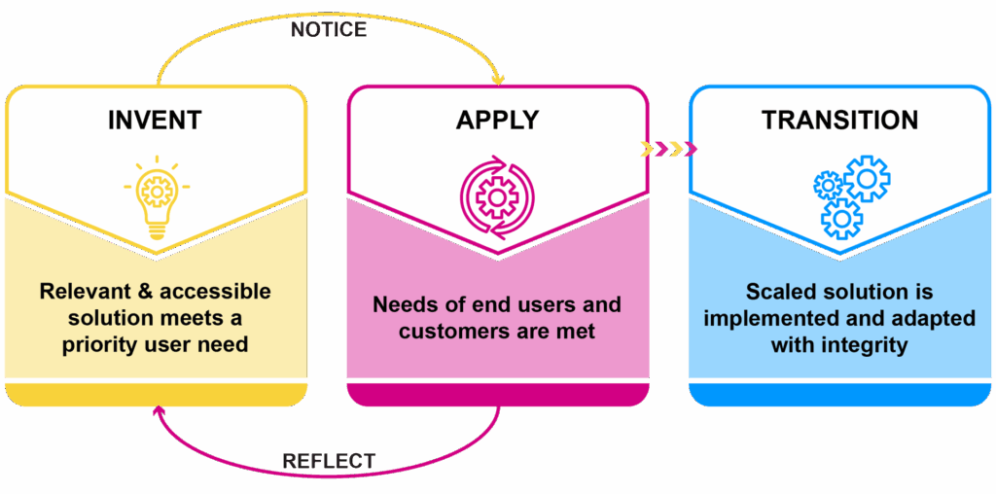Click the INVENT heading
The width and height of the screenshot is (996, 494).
(x=155, y=120)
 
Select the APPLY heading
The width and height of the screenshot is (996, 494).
(x=497, y=120)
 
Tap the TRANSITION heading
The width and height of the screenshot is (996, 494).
(x=839, y=120)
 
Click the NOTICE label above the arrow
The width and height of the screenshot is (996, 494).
(x=329, y=30)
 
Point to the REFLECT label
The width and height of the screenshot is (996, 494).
(x=329, y=460)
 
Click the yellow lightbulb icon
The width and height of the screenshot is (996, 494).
(x=156, y=194)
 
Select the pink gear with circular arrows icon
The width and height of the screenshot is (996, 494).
(x=497, y=198)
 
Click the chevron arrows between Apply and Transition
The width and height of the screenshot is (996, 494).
(x=669, y=149)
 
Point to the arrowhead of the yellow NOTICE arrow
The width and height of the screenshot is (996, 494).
(x=499, y=78)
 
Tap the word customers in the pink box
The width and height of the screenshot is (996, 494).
(x=446, y=331)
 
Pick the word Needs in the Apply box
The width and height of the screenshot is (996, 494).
(x=402, y=304)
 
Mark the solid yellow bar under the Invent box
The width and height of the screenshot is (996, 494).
(x=156, y=394)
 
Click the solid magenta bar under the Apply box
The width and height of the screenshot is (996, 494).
(x=497, y=394)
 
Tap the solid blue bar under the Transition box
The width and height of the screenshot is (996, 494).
(x=839, y=394)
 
